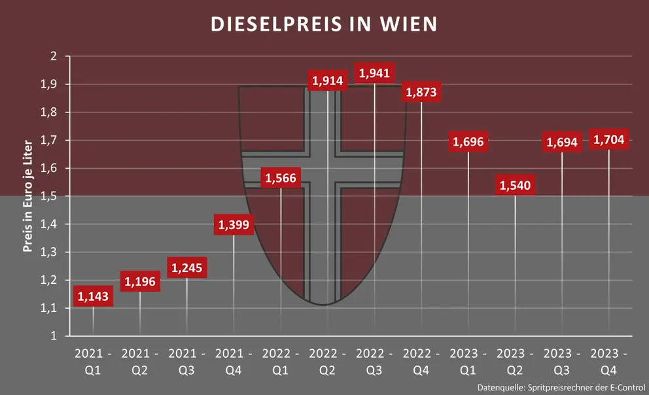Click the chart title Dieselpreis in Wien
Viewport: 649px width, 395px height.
pyautogui.click(x=324, y=24)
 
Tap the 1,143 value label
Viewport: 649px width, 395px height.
pyautogui.click(x=93, y=297)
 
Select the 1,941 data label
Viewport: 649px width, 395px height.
pyautogui.click(x=374, y=73)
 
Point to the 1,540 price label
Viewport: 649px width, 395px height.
pyautogui.click(x=516, y=186)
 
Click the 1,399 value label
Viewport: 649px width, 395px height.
pyautogui.click(x=234, y=225)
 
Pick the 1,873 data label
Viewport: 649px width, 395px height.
pyautogui.click(x=421, y=92)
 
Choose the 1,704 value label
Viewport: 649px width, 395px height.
pyautogui.click(x=609, y=139)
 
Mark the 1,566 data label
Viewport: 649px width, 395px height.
pyautogui.click(x=281, y=178)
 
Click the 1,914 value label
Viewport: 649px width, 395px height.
pyautogui.click(x=328, y=81)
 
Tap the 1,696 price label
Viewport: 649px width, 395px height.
pyautogui.click(x=468, y=141)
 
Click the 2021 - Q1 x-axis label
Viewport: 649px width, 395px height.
pyautogui.click(x=93, y=361)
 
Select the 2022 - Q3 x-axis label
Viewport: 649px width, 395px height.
pyautogui.click(x=374, y=361)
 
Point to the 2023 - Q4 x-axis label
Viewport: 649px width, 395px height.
pyautogui.click(x=609, y=361)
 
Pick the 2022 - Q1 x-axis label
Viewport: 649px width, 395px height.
pyautogui.click(x=281, y=361)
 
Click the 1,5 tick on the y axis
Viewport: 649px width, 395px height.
pyautogui.click(x=50, y=196)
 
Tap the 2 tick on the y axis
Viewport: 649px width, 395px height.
pyautogui.click(x=54, y=56)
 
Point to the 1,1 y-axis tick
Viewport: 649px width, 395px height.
pyautogui.click(x=50, y=308)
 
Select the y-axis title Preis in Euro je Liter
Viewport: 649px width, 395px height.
pyautogui.click(x=28, y=196)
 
